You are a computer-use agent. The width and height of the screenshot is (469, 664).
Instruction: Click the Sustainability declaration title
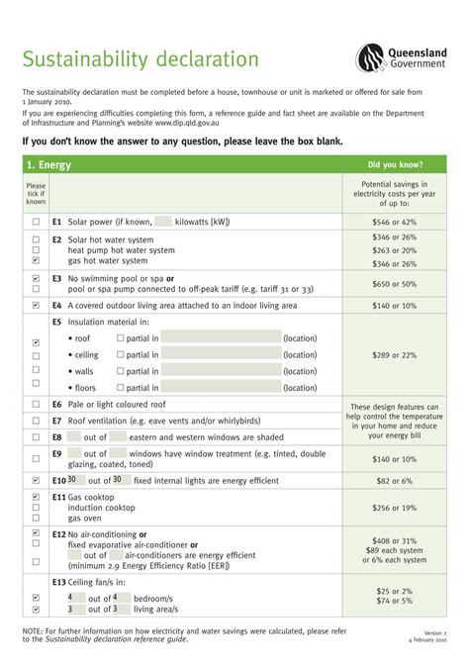(141, 60)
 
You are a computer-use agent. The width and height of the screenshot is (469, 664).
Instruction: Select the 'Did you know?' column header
(396, 164)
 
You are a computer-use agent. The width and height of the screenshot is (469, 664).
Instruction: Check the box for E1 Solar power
(37, 223)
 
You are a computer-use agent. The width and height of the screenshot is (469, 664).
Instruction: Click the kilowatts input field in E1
(164, 223)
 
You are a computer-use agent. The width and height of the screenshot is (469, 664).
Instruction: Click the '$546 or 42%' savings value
(395, 223)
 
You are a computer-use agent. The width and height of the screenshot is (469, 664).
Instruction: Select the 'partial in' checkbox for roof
(121, 337)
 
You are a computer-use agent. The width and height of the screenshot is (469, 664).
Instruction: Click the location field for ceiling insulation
(221, 354)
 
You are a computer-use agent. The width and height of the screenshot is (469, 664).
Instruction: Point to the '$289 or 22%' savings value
(395, 354)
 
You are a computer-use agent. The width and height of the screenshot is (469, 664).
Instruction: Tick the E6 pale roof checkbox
(37, 405)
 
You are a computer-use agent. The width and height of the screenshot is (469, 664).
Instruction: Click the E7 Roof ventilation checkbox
(37, 421)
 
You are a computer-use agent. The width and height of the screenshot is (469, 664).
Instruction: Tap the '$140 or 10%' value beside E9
(395, 459)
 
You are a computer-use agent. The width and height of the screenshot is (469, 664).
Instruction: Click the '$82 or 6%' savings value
(395, 480)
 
